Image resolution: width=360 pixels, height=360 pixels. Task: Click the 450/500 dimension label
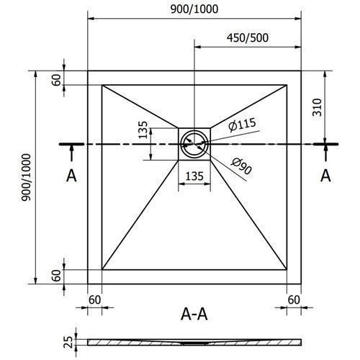click(x=248, y=38)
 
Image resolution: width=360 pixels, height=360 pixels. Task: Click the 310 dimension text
click(x=317, y=107)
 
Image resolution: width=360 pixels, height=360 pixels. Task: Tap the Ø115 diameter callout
click(x=242, y=125)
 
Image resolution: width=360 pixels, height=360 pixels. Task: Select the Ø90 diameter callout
click(x=241, y=166)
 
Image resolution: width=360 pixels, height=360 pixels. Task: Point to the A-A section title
click(x=194, y=314)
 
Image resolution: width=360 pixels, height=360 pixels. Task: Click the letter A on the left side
click(x=71, y=176)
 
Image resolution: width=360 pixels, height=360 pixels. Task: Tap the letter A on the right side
click(x=325, y=176)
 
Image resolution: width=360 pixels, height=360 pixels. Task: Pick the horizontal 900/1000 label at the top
click(x=194, y=9)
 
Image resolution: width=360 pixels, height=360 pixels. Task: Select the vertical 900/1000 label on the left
click(x=26, y=177)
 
